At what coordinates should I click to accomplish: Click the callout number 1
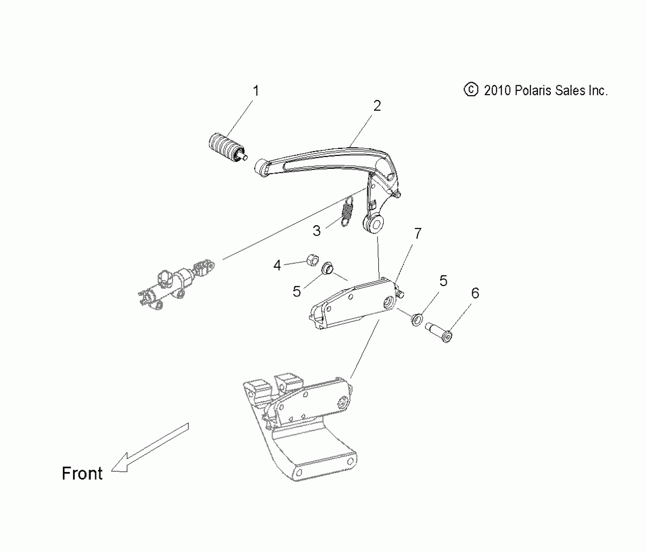tap(256, 91)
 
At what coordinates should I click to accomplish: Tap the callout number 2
tap(377, 106)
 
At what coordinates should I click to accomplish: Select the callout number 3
tap(317, 231)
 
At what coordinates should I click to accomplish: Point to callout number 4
tap(277, 265)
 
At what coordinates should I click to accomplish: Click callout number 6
tap(475, 293)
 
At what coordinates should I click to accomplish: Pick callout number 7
tap(418, 233)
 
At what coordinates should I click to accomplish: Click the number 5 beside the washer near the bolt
tap(443, 281)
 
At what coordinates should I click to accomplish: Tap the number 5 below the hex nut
tap(296, 291)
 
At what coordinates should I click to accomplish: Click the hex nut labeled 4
tap(312, 260)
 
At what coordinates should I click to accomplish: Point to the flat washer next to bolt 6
tap(417, 319)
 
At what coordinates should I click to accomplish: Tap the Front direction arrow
tap(149, 448)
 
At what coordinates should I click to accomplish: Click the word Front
tap(82, 474)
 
